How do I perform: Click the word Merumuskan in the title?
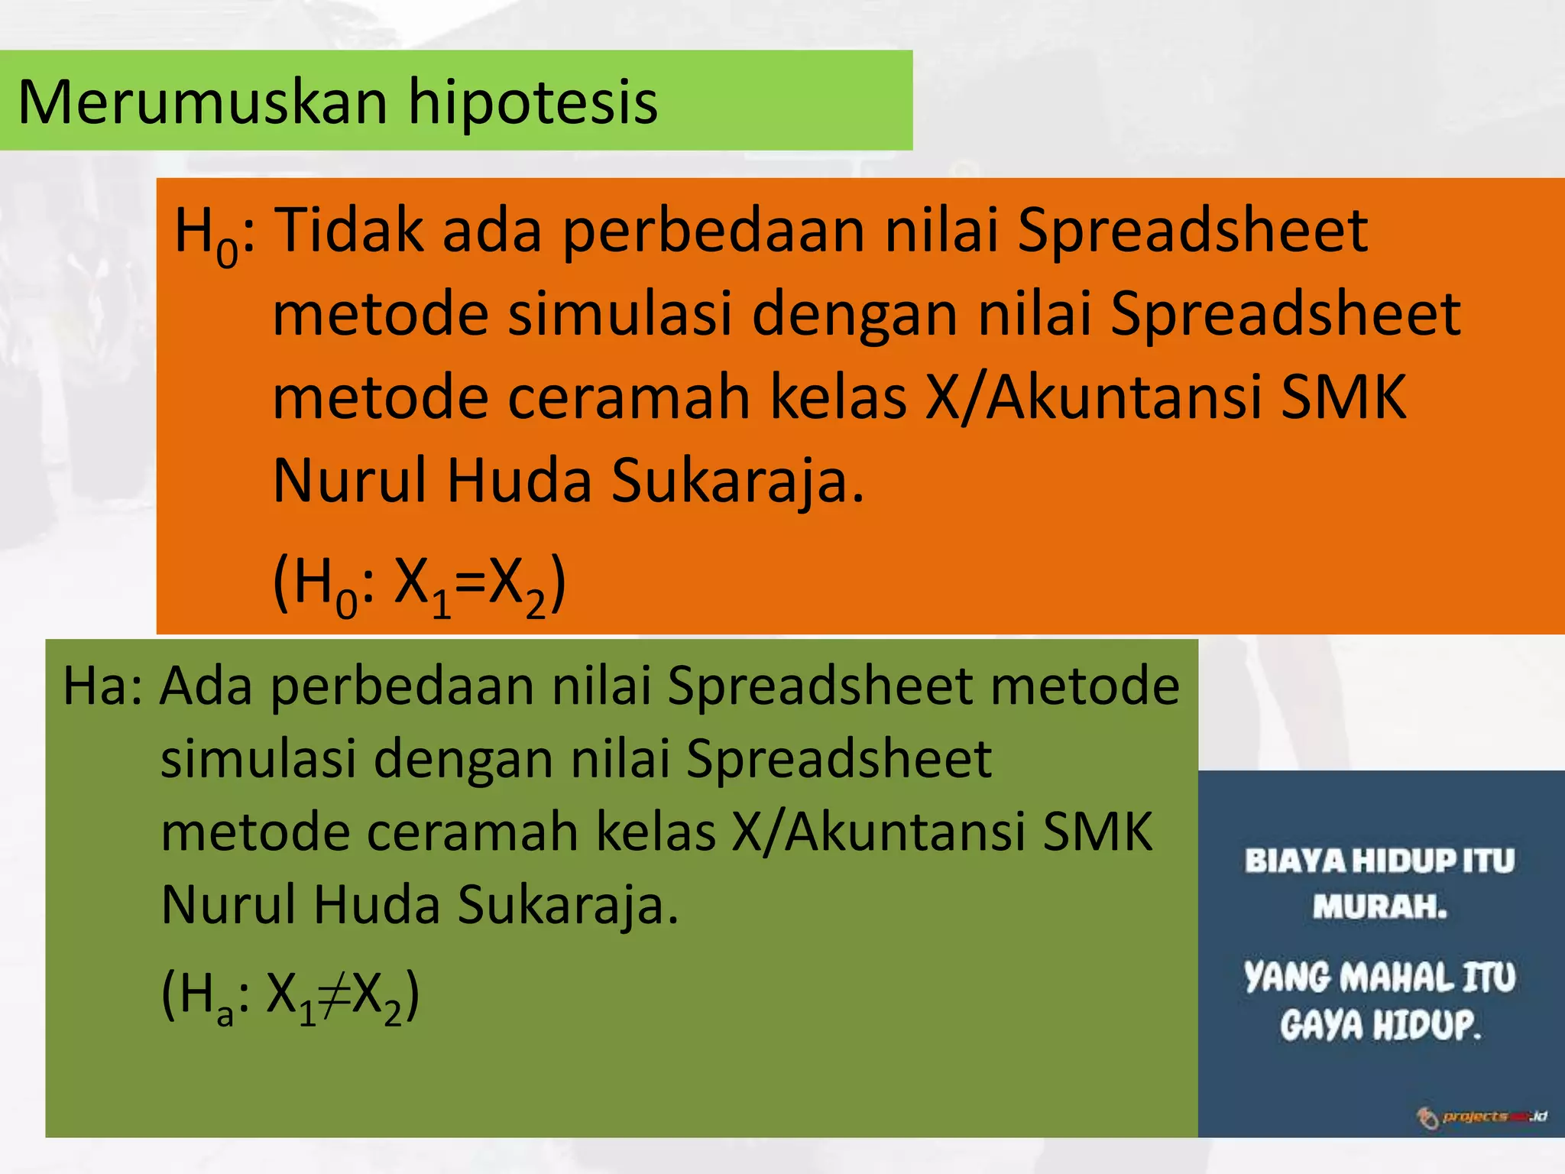click(202, 102)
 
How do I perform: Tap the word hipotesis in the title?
click(533, 102)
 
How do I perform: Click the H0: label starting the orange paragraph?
click(215, 233)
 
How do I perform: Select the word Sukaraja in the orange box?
click(737, 481)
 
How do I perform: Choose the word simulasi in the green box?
click(258, 759)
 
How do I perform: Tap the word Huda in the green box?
click(377, 905)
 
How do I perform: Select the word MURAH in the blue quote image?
click(1379, 907)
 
